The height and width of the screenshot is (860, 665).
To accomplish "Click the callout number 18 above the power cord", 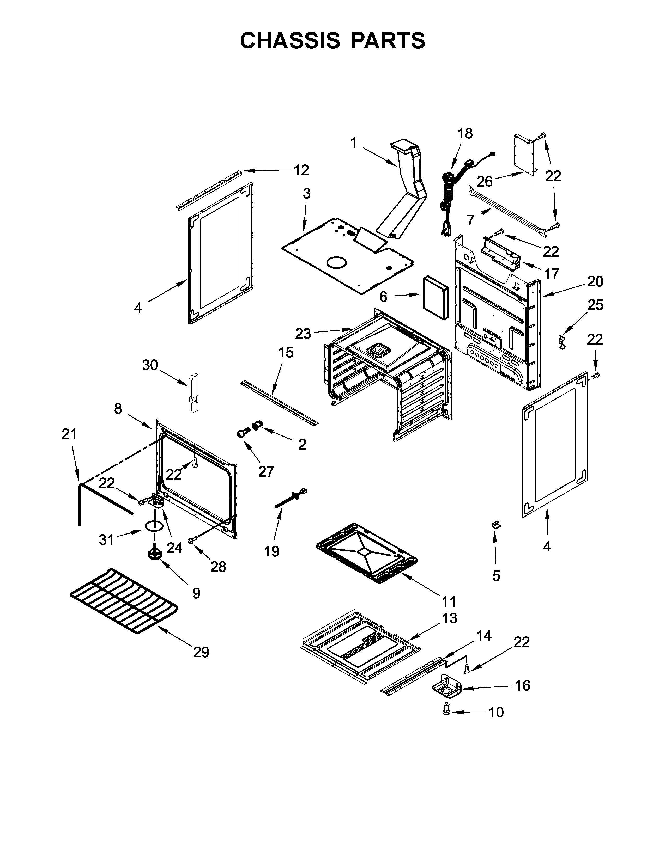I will pyautogui.click(x=465, y=134).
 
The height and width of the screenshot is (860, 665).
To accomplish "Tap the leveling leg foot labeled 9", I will pyautogui.click(x=155, y=554).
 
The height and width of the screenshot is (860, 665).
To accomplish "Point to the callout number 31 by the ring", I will pyautogui.click(x=106, y=539).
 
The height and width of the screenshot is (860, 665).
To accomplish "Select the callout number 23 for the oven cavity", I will pyautogui.click(x=303, y=334).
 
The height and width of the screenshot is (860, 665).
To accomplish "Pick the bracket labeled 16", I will pyautogui.click(x=447, y=687).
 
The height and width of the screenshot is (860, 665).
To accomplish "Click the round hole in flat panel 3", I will pyautogui.click(x=336, y=263).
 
